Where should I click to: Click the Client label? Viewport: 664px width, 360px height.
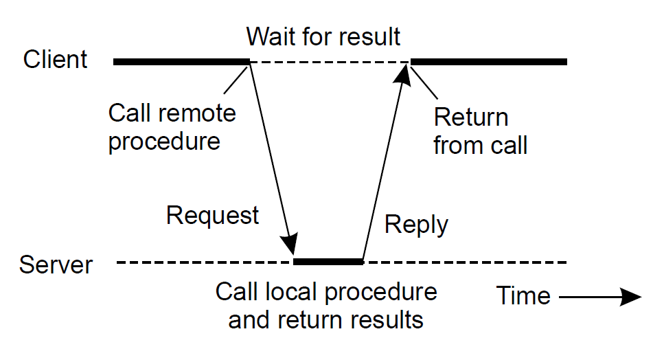56,60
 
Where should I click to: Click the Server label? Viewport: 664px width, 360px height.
56,265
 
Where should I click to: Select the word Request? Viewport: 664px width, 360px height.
213,216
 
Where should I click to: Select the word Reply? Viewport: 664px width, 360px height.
416,225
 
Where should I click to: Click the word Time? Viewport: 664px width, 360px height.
524,295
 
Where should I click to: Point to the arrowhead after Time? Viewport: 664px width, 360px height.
630,297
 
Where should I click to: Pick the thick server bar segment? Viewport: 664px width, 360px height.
328,262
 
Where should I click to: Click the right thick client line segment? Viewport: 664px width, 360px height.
489,62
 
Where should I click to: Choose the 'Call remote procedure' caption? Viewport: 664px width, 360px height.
172,127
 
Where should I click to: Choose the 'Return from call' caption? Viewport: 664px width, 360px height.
479,131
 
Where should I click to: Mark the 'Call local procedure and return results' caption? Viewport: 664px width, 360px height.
326,305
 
